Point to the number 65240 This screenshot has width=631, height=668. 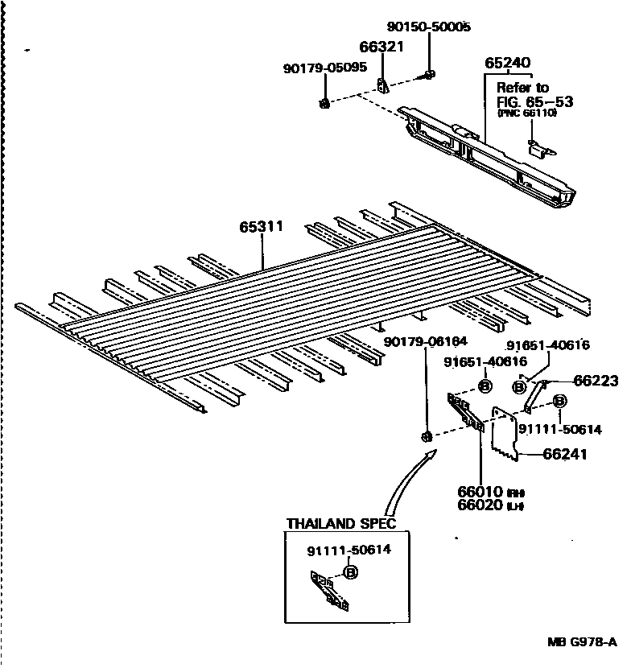[x=507, y=63]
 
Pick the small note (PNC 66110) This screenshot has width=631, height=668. [x=527, y=113]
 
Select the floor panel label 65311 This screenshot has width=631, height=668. [x=261, y=227]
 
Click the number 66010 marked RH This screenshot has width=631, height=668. [x=481, y=491]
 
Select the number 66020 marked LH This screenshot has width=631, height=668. [x=481, y=505]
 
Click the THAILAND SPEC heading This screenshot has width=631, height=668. [x=341, y=524]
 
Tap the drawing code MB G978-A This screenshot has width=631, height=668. [x=581, y=642]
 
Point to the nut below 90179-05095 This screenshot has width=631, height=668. [x=324, y=103]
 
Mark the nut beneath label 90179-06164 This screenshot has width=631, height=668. [x=425, y=436]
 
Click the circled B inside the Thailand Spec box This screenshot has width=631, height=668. [x=350, y=572]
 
